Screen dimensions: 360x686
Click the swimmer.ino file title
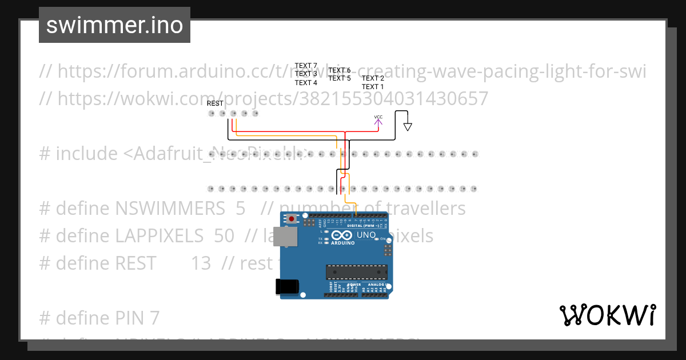pyautogui.click(x=114, y=25)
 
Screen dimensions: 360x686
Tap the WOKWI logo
pyautogui.click(x=607, y=315)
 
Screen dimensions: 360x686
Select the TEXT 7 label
pyautogui.click(x=306, y=66)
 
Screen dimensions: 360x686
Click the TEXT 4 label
pyautogui.click(x=306, y=83)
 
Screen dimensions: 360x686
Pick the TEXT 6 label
pyautogui.click(x=340, y=70)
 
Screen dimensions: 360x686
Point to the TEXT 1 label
pyautogui.click(x=373, y=87)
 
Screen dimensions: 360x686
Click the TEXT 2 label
pyautogui.click(x=373, y=78)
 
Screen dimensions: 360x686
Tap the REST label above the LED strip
pyautogui.click(x=215, y=103)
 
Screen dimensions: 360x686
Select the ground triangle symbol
pyautogui.click(x=408, y=127)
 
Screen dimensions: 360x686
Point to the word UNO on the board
pyautogui.click(x=366, y=235)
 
